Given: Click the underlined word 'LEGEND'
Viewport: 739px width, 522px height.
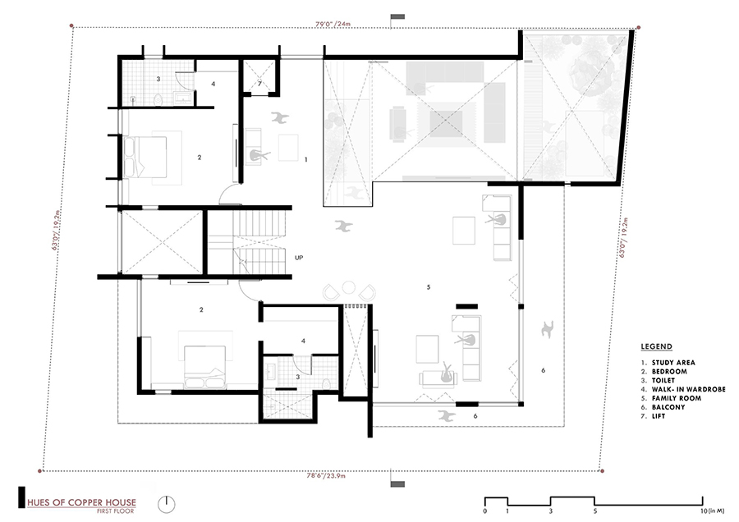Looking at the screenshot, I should (x=658, y=347).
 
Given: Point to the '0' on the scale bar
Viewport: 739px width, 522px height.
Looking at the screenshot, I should (x=485, y=511).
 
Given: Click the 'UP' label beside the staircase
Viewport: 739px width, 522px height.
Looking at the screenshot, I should (x=299, y=258).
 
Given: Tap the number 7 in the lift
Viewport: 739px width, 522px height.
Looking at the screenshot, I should (x=259, y=84).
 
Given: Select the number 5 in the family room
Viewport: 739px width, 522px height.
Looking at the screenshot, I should (x=429, y=287).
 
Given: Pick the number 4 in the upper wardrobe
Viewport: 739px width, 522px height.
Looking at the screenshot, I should (x=212, y=84).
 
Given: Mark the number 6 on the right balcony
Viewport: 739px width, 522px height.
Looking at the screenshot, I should (x=543, y=371).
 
